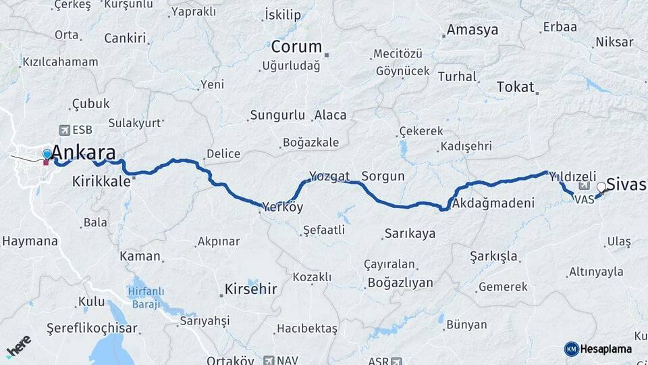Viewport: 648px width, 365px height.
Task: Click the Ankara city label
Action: [x=83, y=151]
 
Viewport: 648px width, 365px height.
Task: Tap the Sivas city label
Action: [x=626, y=184]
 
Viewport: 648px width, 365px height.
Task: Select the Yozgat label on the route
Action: [x=329, y=176]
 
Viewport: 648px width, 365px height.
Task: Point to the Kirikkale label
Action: [x=101, y=181]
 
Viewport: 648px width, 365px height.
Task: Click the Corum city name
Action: [x=296, y=47]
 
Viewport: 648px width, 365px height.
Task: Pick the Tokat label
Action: [x=515, y=87]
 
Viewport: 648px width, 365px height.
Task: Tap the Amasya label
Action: [x=473, y=30]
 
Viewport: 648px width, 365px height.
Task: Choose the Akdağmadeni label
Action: [x=493, y=203]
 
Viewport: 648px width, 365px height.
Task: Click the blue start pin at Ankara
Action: [x=47, y=155]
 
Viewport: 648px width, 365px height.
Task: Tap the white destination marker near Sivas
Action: [x=601, y=187]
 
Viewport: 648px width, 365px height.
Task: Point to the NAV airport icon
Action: [x=270, y=360]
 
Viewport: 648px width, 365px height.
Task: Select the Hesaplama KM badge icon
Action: [x=571, y=349]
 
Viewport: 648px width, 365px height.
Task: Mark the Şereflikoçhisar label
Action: [x=92, y=328]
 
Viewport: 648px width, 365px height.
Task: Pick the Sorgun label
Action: [x=383, y=176]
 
